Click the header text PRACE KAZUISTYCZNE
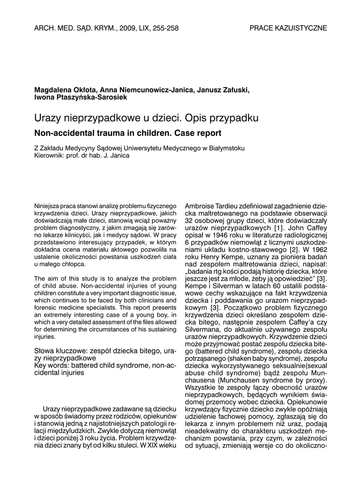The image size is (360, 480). pyautogui.click(x=288, y=28)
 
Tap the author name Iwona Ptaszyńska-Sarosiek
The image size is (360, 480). pyautogui.click(x=81, y=97)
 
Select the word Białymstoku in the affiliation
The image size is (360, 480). pyautogui.click(x=225, y=148)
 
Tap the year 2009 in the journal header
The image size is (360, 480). pyautogui.click(x=127, y=28)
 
